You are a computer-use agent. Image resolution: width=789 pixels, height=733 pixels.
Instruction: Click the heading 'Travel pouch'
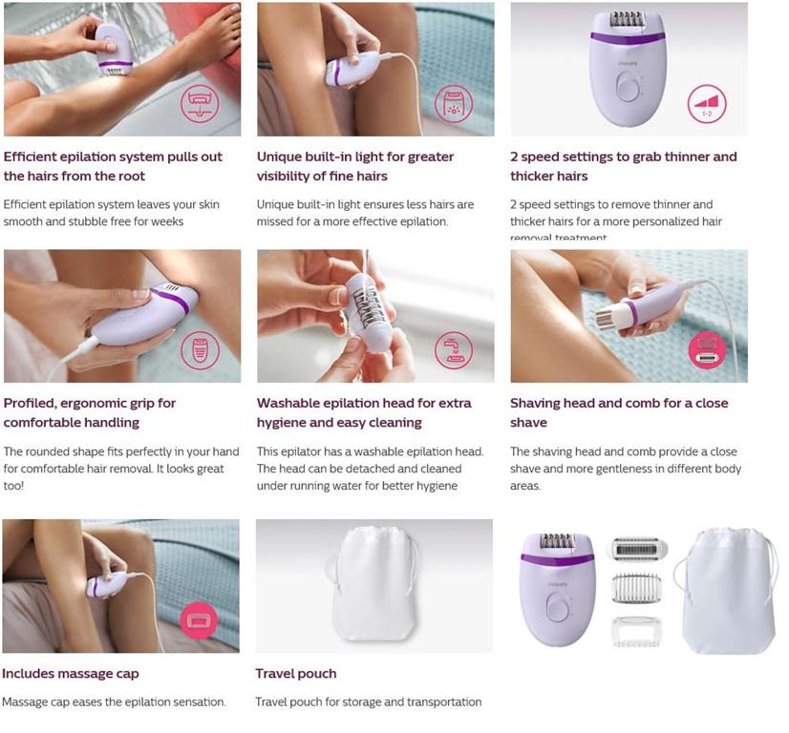coord(296,674)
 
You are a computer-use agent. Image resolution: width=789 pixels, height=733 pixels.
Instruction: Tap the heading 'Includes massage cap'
coord(71,674)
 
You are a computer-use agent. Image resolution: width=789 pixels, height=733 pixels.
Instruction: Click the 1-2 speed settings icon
coord(707,103)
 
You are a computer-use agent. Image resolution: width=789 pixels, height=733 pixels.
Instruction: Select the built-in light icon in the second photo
coord(454,103)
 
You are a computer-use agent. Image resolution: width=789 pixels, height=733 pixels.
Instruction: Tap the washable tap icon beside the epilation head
coord(454,350)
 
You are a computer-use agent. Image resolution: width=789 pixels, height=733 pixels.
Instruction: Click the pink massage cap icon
coord(200,620)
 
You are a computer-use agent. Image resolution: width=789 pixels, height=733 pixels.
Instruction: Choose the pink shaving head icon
coord(707,350)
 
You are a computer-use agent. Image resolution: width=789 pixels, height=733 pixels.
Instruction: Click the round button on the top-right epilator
coord(628,90)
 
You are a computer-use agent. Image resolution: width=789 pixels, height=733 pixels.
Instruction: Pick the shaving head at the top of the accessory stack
coord(637,548)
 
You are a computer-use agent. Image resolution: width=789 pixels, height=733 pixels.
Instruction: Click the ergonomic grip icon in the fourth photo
coord(200,350)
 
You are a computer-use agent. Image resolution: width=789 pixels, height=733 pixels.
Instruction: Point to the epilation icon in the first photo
coord(200,103)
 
